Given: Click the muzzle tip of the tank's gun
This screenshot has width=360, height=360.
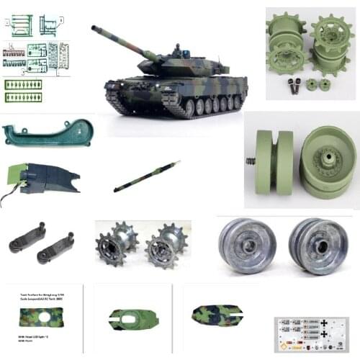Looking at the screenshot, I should tap(94, 28).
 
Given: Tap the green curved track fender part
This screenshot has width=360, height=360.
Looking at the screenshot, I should tap(47, 133).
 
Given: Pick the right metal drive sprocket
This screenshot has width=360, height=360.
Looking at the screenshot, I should tap(163, 246).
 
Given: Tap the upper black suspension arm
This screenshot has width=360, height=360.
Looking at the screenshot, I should tap(27, 238).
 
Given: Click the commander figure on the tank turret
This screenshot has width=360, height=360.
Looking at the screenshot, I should tap(177, 50).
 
